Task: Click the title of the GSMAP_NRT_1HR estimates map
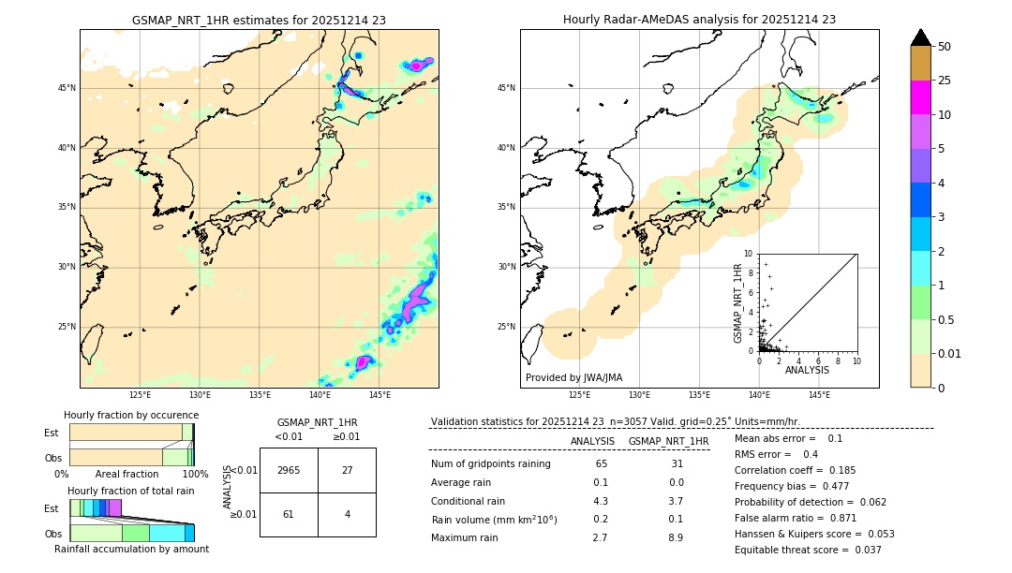point(259,20)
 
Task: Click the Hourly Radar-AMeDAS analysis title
point(699,20)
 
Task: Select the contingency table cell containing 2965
point(289,470)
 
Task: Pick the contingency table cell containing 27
point(347,470)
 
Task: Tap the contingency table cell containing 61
point(289,514)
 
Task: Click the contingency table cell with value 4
point(347,514)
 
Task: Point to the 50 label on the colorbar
point(945,46)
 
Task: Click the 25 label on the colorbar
point(945,81)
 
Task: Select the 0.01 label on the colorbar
point(948,353)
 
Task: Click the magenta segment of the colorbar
point(920,97)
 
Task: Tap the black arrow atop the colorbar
point(920,37)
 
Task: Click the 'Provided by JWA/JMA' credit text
point(573,377)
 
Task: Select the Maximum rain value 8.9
point(676,537)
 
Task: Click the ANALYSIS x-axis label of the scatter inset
point(807,370)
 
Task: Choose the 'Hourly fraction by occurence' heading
point(131,415)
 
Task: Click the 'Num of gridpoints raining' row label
point(490,464)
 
